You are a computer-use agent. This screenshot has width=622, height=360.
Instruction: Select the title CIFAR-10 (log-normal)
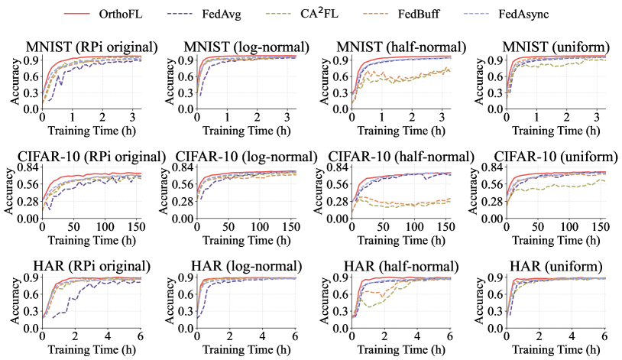click(x=246, y=157)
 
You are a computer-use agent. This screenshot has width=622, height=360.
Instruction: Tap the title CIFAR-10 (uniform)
click(x=556, y=157)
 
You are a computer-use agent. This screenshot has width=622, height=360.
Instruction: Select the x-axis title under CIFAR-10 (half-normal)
click(x=401, y=239)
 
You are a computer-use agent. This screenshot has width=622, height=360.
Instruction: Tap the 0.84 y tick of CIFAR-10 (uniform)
click(x=492, y=168)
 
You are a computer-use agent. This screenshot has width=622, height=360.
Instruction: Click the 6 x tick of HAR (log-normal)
click(x=296, y=337)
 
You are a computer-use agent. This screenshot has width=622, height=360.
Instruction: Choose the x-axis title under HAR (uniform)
click(x=556, y=349)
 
